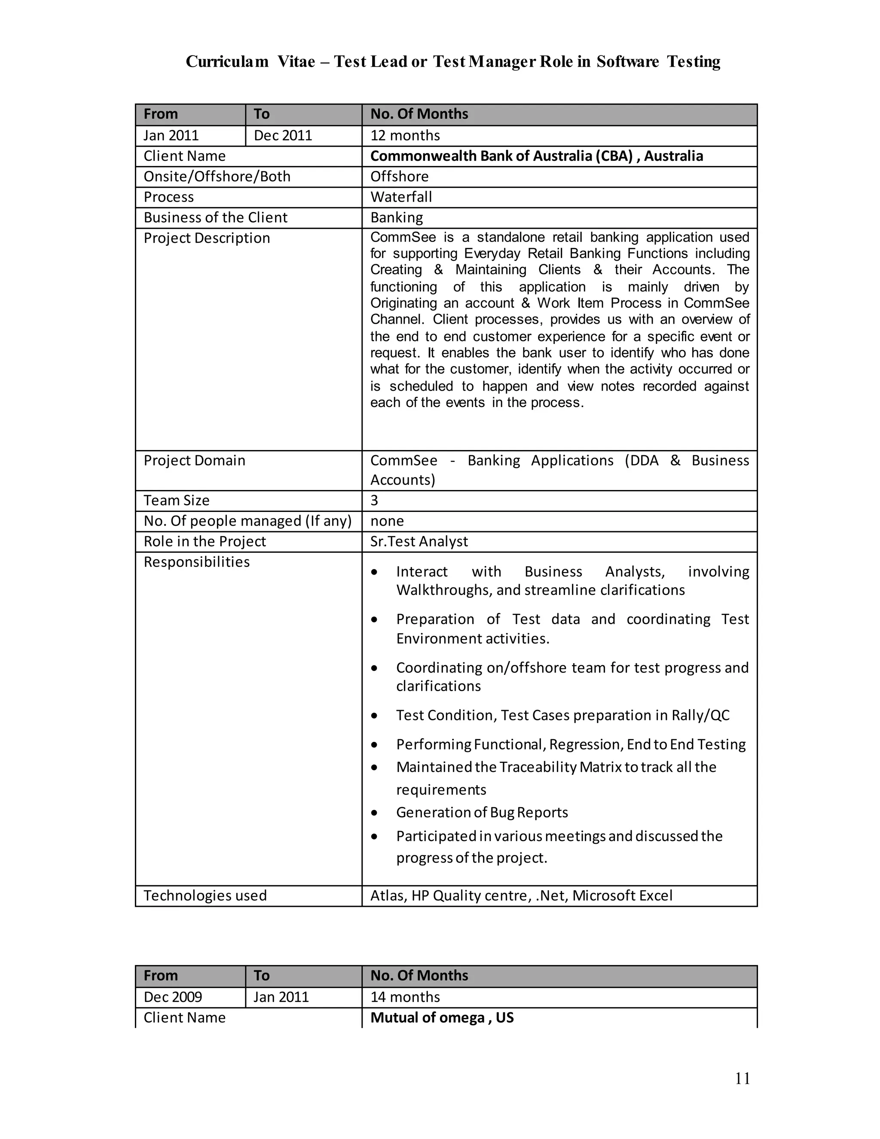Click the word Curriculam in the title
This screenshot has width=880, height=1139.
pyautogui.click(x=227, y=61)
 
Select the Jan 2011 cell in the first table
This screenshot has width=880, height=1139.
pyautogui.click(x=171, y=135)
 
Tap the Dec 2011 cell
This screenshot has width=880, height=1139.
pyautogui.click(x=283, y=135)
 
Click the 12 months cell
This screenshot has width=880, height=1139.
pyautogui.click(x=405, y=135)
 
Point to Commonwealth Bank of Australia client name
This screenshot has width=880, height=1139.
pyautogui.click(x=536, y=156)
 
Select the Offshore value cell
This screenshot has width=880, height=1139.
pyautogui.click(x=399, y=176)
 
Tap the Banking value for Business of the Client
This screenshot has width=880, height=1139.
pyautogui.click(x=396, y=217)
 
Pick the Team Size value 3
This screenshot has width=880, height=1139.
pyautogui.click(x=374, y=500)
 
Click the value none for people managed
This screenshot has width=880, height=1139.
pyautogui.click(x=387, y=521)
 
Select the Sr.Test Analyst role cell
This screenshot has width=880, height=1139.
pyautogui.click(x=419, y=541)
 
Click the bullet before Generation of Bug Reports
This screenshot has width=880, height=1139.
pyautogui.click(x=374, y=812)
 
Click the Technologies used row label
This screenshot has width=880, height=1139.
pyautogui.click(x=205, y=895)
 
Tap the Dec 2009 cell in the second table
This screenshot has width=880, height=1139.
pyautogui.click(x=173, y=997)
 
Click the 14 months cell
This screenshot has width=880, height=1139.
pyautogui.click(x=405, y=997)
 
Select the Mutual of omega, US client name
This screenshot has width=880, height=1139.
pyautogui.click(x=442, y=1017)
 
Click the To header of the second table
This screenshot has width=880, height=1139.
pyautogui.click(x=262, y=975)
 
